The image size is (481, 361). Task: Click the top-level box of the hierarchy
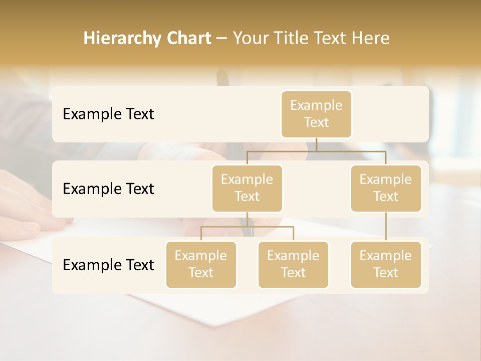tap(316, 114)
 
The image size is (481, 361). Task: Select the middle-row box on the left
tap(247, 188)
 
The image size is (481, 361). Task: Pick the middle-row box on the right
tap(386, 188)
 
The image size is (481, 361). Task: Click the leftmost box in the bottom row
tap(201, 264)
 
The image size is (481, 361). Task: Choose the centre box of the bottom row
tap(293, 264)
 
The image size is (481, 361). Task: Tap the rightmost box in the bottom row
tap(386, 264)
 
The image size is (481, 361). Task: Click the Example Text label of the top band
tap(108, 114)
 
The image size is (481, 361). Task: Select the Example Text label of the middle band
tap(108, 189)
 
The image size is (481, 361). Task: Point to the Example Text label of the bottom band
tap(108, 265)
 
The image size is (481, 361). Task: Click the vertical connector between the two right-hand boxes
tap(386, 227)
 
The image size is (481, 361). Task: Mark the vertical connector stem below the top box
tap(316, 144)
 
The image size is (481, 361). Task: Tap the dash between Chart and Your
tap(222, 39)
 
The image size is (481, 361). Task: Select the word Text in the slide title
tap(328, 39)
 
